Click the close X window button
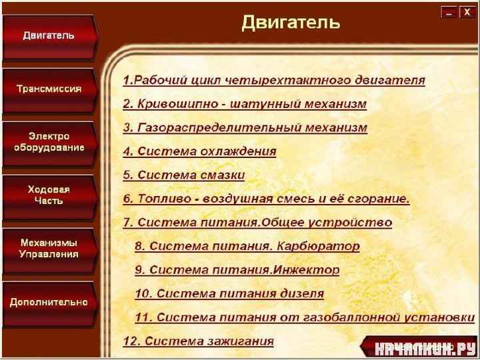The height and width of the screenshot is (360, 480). [x=467, y=12]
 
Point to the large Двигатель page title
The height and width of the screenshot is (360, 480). [x=291, y=23]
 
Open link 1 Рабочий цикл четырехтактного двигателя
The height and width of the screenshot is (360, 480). [x=274, y=80]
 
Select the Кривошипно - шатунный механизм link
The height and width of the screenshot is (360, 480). [x=245, y=104]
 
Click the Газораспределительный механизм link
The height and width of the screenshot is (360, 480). [x=245, y=127]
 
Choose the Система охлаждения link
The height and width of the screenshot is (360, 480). [x=199, y=151]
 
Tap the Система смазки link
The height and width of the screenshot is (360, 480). [x=184, y=175]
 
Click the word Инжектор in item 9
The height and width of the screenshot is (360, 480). [x=305, y=270]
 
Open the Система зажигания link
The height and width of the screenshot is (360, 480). [x=199, y=341]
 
